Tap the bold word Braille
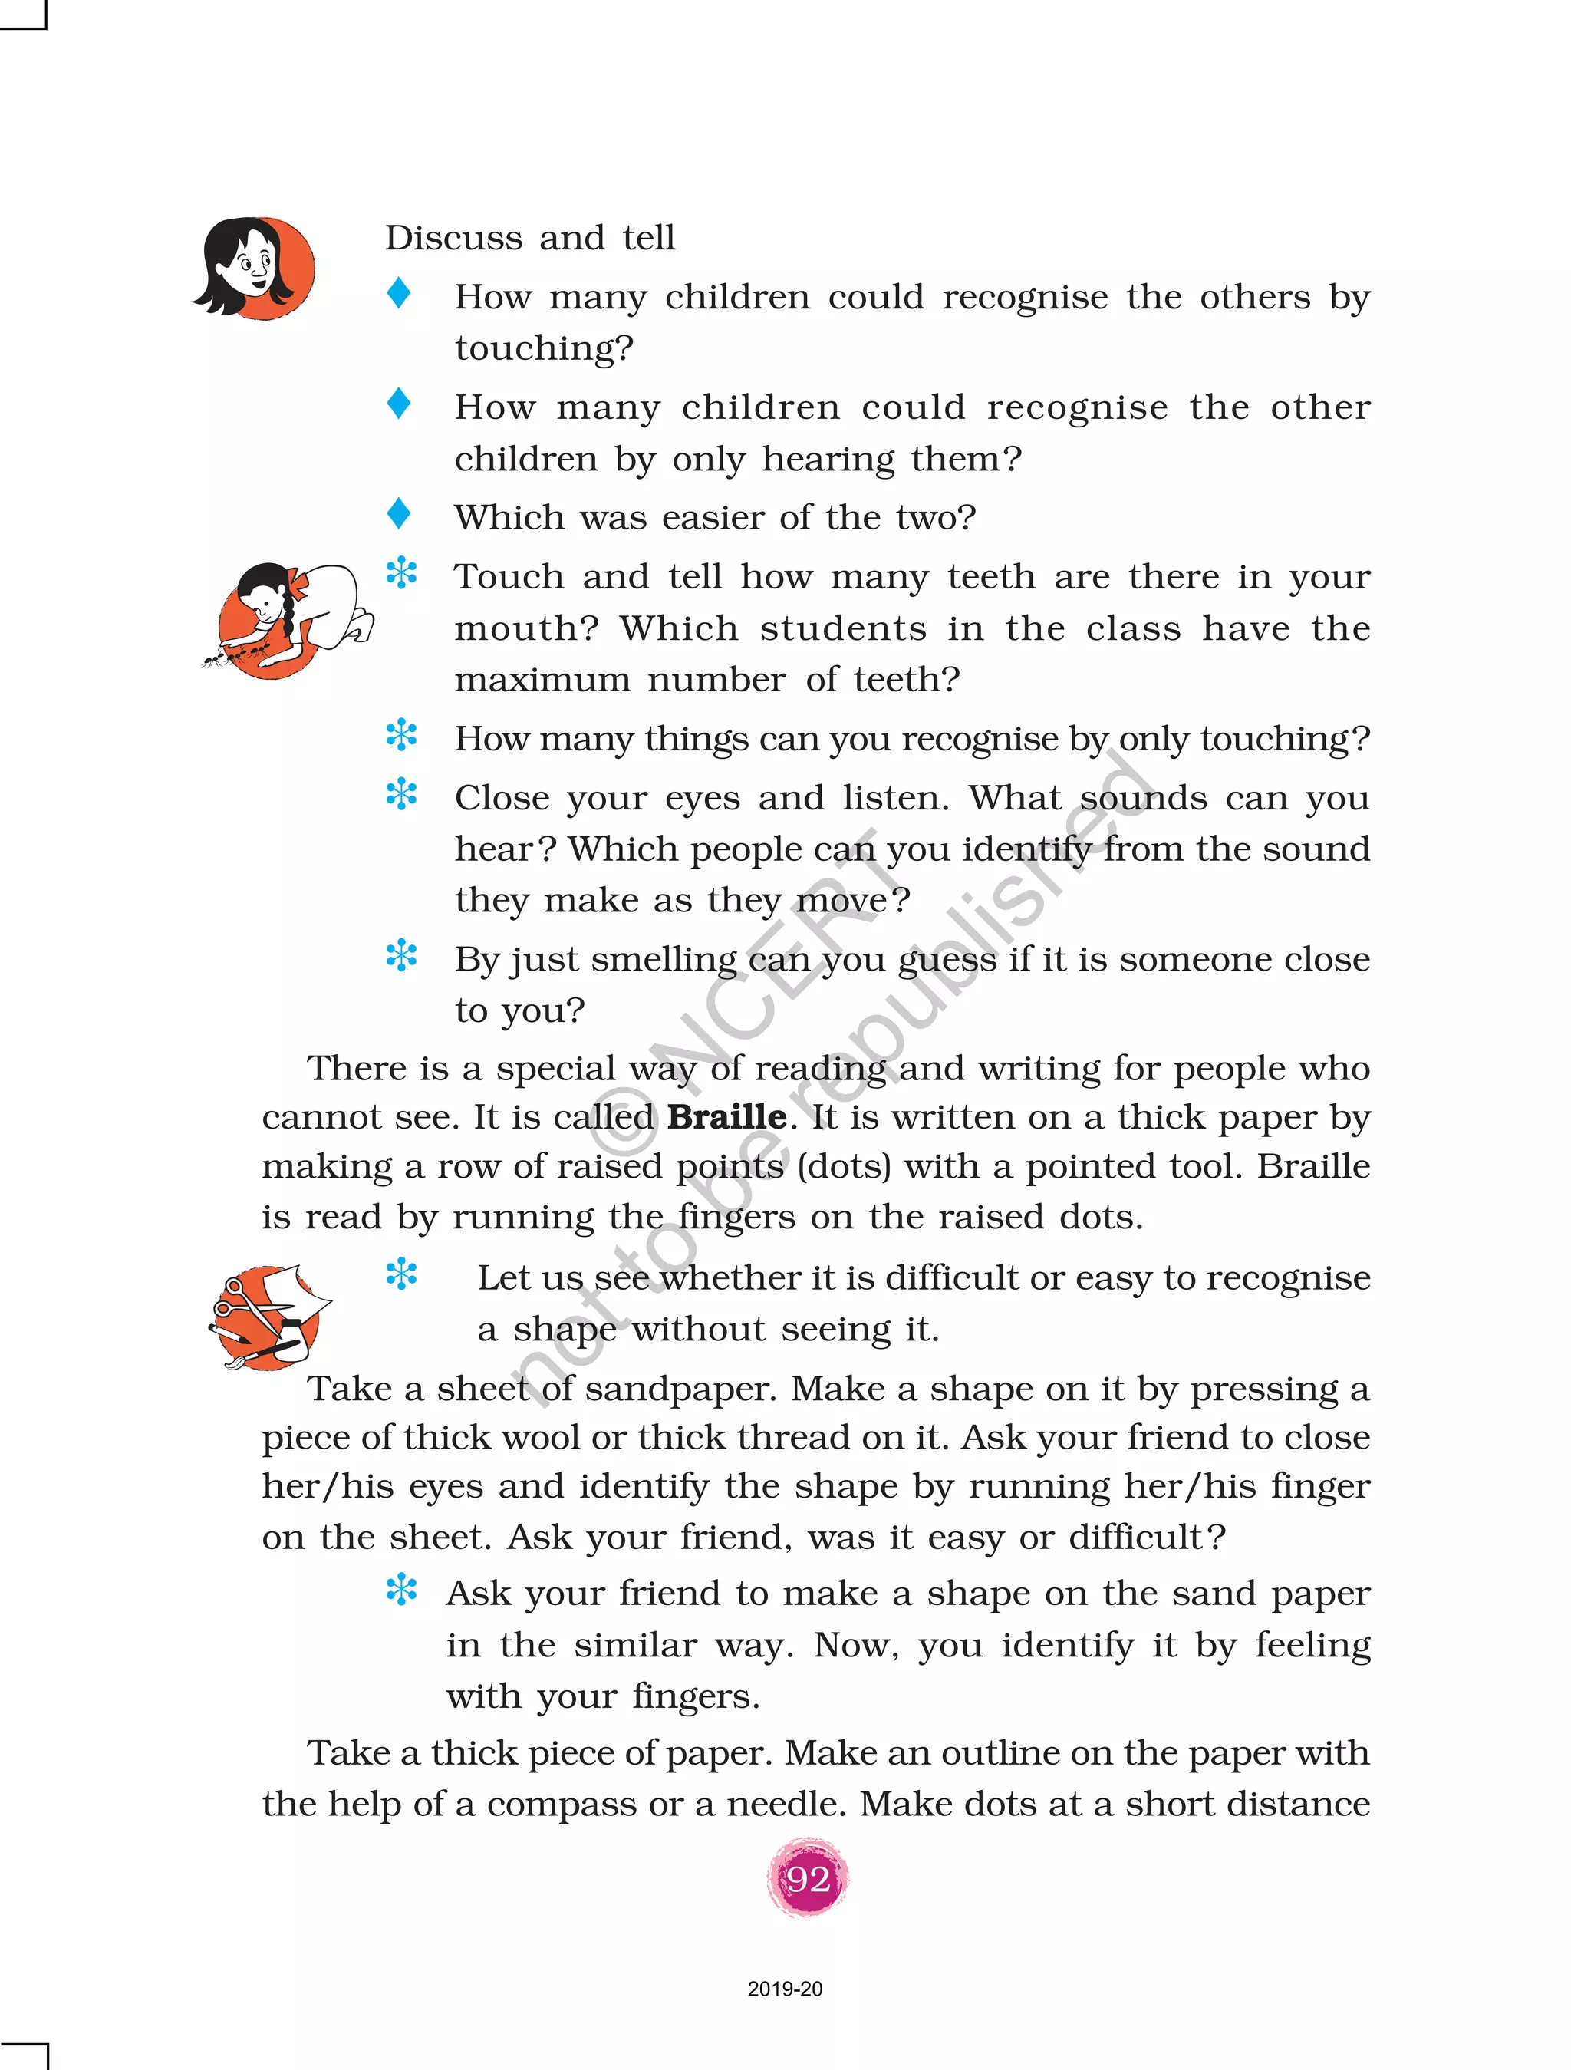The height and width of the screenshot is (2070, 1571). tap(726, 1117)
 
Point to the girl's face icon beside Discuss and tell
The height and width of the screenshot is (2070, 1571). tap(255, 269)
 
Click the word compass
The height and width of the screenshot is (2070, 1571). tap(562, 1805)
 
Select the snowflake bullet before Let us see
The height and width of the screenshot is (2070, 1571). tap(401, 1274)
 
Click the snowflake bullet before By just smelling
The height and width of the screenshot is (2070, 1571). tap(401, 955)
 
